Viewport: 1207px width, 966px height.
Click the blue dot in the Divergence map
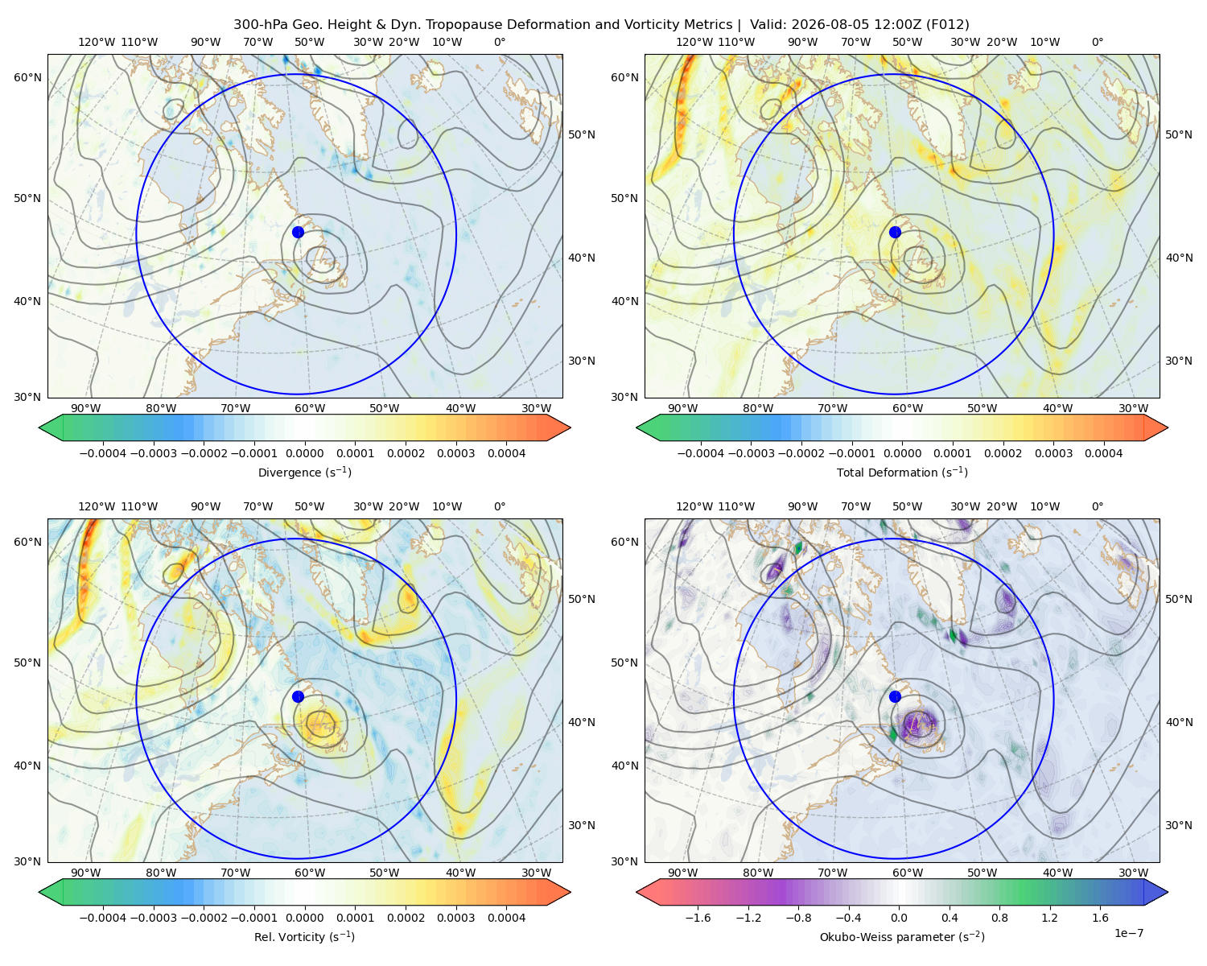pyautogui.click(x=298, y=232)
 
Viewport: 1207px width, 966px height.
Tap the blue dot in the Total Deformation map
pyautogui.click(x=895, y=232)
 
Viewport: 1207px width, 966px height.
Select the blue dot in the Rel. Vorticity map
pyautogui.click(x=298, y=696)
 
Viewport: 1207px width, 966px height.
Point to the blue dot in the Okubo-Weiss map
pyautogui.click(x=895, y=696)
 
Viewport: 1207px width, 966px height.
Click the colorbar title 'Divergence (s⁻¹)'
pyautogui.click(x=304, y=472)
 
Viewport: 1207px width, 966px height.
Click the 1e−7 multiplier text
pyautogui.click(x=1128, y=933)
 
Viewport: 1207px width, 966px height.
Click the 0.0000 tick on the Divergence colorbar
pyautogui.click(x=304, y=453)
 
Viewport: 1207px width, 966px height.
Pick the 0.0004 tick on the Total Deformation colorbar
pyautogui.click(x=1103, y=453)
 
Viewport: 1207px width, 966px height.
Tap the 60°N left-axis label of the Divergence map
pyautogui.click(x=27, y=77)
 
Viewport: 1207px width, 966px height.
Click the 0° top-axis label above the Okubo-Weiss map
pyautogui.click(x=1097, y=506)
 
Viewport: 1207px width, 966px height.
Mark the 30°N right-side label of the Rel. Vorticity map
pyautogui.click(x=582, y=824)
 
